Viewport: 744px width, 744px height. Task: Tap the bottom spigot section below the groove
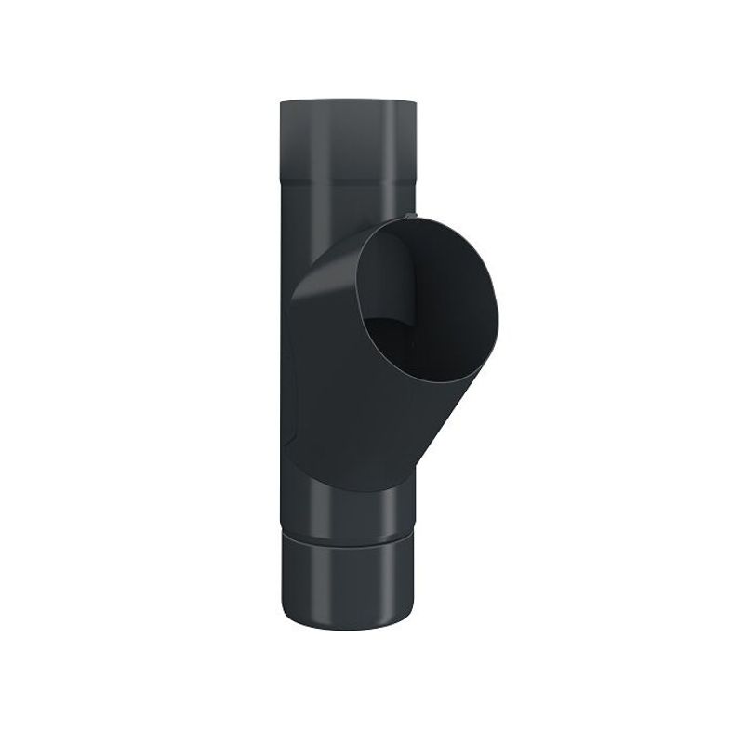(x=346, y=586)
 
